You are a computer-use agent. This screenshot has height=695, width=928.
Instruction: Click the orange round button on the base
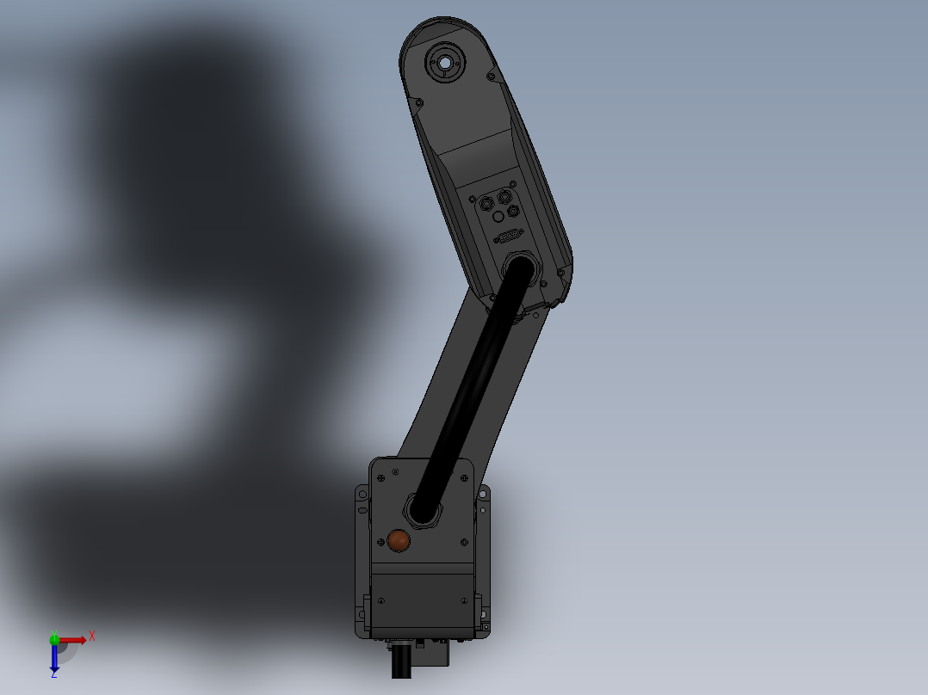(x=399, y=540)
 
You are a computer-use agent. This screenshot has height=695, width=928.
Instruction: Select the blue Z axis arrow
(x=54, y=658)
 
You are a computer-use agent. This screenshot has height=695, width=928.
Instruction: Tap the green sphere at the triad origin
(x=54, y=639)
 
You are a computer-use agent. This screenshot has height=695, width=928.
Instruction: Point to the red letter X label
(x=92, y=636)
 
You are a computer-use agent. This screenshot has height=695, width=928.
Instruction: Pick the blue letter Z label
(x=53, y=675)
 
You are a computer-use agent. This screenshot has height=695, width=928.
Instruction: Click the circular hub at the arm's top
(x=445, y=63)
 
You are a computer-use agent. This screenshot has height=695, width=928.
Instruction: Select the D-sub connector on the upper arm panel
(x=509, y=237)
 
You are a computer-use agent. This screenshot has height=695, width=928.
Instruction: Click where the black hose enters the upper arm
(x=520, y=266)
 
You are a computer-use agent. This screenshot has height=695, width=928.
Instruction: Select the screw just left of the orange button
(x=380, y=542)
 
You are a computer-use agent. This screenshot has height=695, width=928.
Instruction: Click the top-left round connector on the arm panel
(x=488, y=203)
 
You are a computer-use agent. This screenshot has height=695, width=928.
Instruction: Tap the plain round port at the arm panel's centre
(x=498, y=218)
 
